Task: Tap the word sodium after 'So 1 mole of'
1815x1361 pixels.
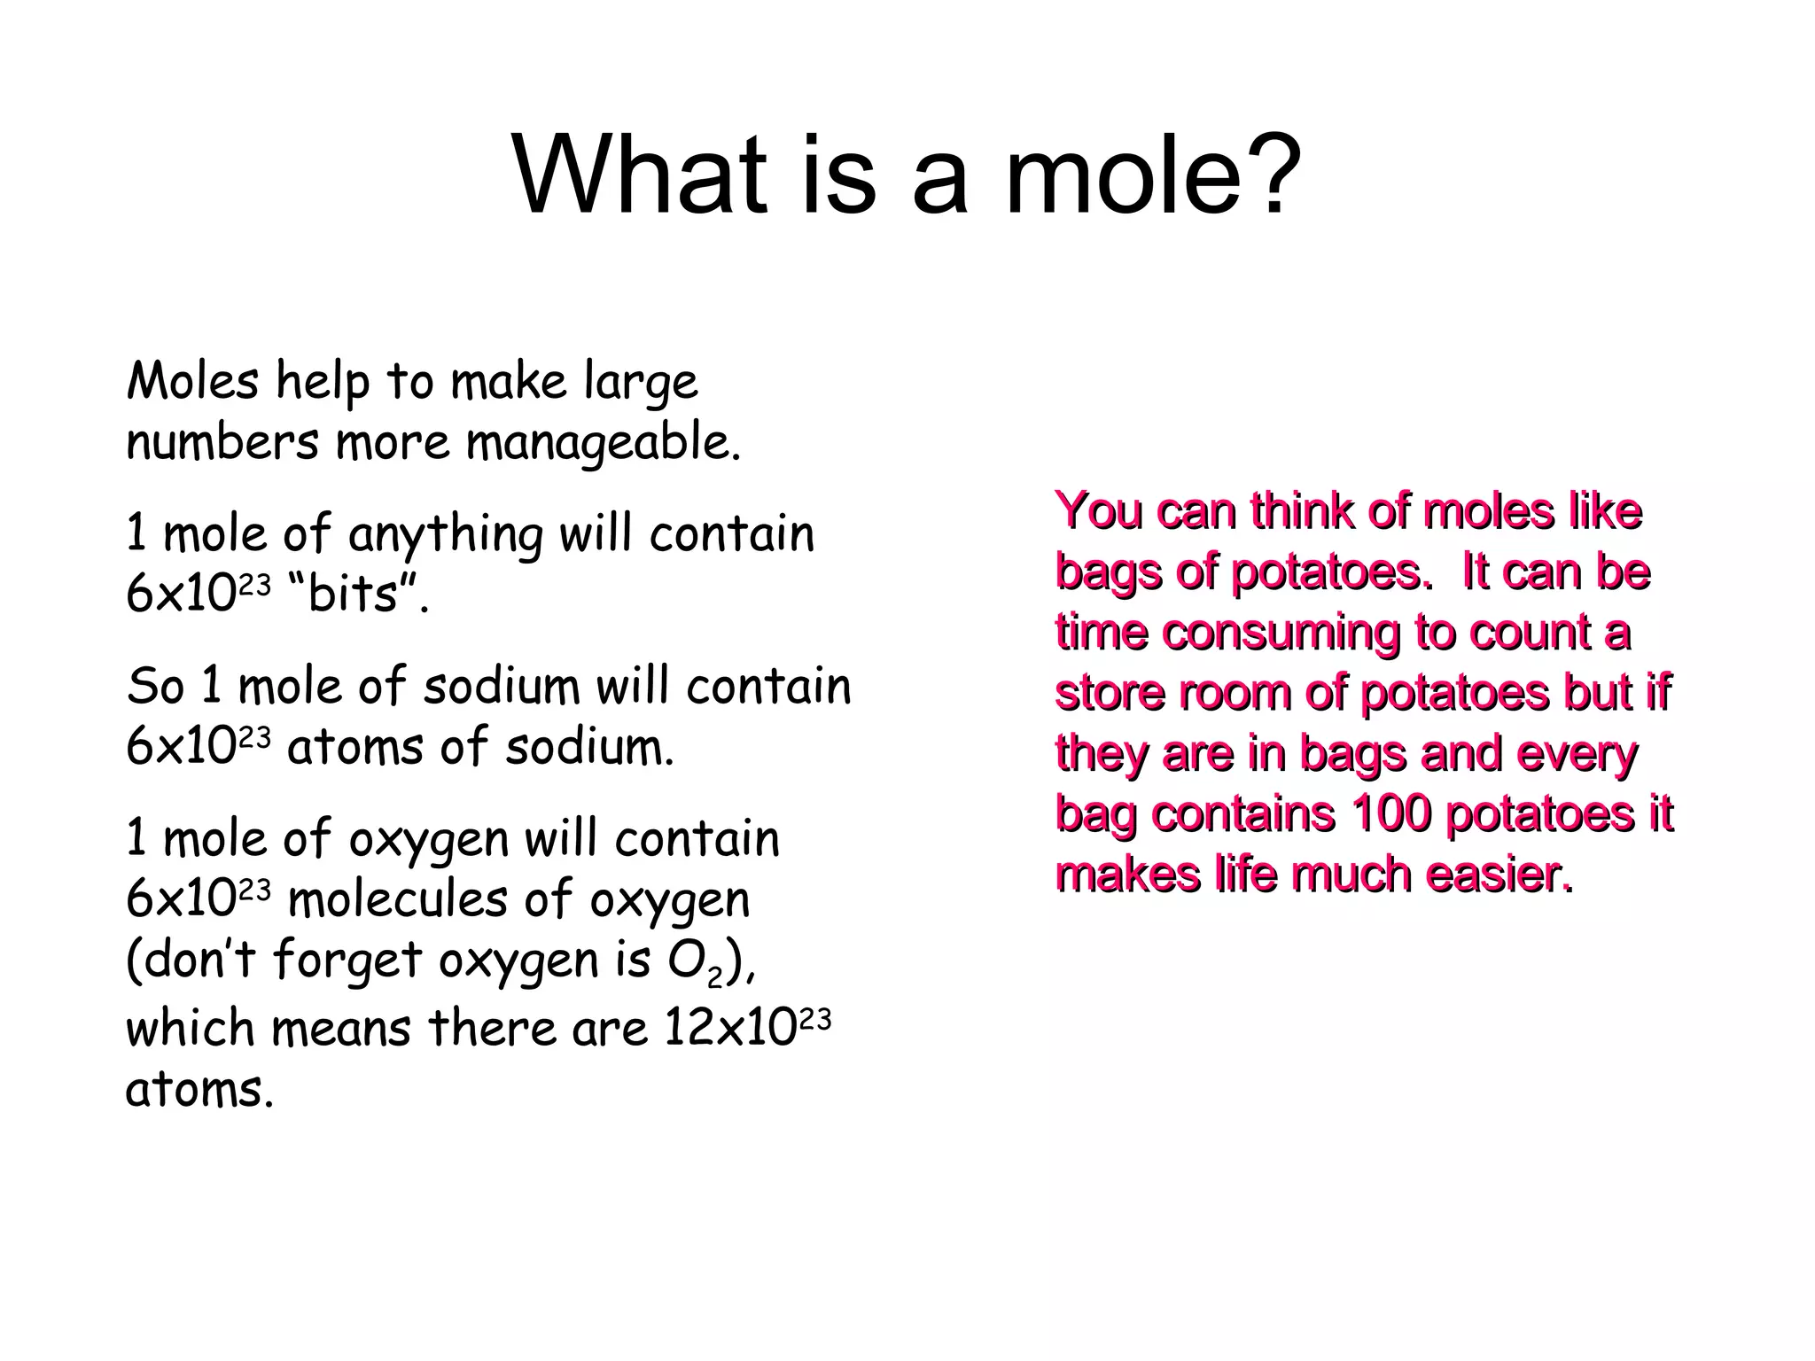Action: [501, 687]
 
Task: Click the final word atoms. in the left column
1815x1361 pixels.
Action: [200, 1089]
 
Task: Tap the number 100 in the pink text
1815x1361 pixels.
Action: [1391, 813]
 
